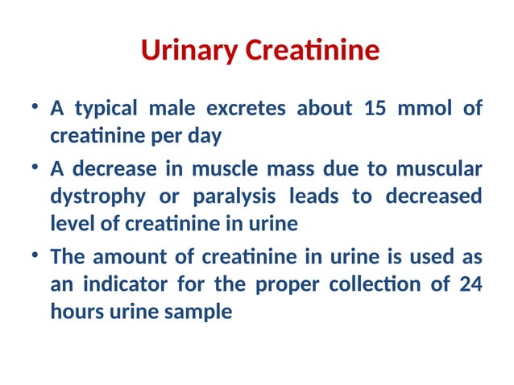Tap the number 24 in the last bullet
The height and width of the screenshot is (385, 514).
[x=470, y=284]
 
